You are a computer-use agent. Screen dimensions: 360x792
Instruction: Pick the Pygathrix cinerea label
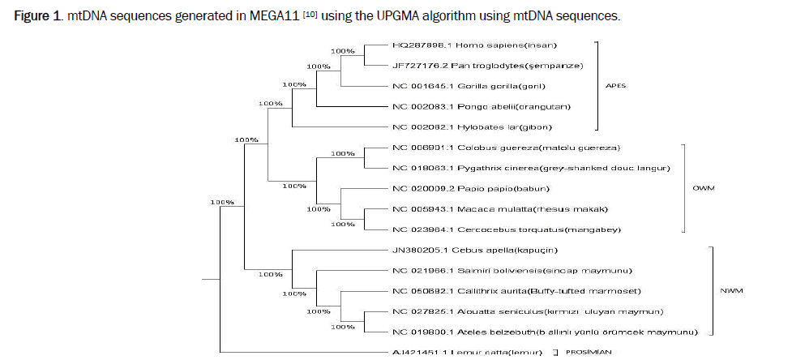(531, 169)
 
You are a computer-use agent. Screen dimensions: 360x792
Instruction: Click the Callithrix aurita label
(519, 291)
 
